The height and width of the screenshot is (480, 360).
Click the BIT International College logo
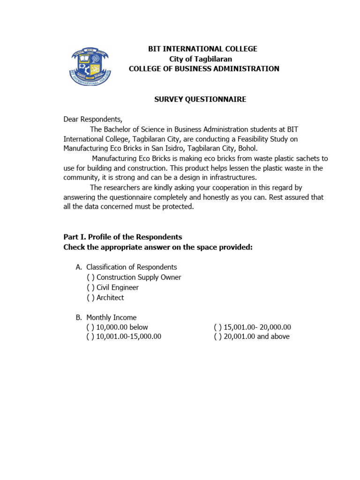pyautogui.click(x=91, y=66)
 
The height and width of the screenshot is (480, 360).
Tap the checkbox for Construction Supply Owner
pyautogui.click(x=90, y=277)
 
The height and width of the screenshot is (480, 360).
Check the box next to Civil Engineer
pyautogui.click(x=90, y=287)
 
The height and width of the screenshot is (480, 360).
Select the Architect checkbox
pyautogui.click(x=90, y=298)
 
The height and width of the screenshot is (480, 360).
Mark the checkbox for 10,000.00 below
pyautogui.click(x=90, y=327)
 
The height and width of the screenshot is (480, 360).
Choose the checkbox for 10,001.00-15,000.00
pyautogui.click(x=90, y=337)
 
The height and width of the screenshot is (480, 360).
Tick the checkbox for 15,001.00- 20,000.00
pyautogui.click(x=218, y=327)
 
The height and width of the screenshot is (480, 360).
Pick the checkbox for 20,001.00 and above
pyautogui.click(x=218, y=337)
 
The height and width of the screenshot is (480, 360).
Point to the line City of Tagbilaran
pyautogui.click(x=200, y=59)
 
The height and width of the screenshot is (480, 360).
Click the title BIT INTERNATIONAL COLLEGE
pyautogui.click(x=202, y=49)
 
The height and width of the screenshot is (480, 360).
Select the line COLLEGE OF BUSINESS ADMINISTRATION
pyautogui.click(x=204, y=69)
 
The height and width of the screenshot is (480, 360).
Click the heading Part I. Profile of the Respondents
pyautogui.click(x=123, y=237)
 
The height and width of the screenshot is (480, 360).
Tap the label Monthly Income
pyautogui.click(x=111, y=317)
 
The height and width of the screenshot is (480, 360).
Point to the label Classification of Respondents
pyautogui.click(x=131, y=267)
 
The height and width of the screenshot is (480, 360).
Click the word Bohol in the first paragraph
pyautogui.click(x=247, y=148)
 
